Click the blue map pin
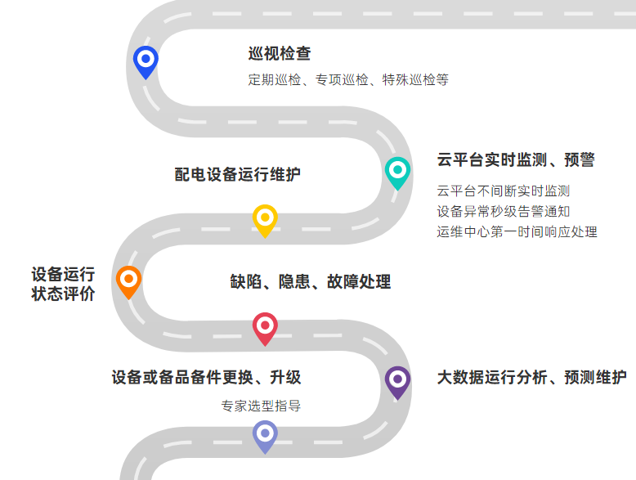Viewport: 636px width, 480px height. point(146,60)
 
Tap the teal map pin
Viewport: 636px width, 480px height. point(397,171)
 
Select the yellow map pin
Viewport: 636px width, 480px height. point(265,218)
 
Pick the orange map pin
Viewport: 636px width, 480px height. point(128,280)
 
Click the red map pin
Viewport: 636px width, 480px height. point(265,327)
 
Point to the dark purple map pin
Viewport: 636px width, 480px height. point(397,380)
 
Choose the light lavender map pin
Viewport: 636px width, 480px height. point(265,434)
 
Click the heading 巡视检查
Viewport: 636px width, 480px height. point(280,54)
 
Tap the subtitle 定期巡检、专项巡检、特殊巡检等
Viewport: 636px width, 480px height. point(348,80)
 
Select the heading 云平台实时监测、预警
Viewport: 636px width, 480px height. point(516,160)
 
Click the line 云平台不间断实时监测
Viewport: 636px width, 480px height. point(504,191)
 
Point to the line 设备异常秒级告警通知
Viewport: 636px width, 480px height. point(504,212)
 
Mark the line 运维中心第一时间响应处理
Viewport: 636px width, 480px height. point(517,232)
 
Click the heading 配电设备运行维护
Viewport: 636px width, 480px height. point(238,174)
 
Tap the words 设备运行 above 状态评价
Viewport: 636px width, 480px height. point(63,274)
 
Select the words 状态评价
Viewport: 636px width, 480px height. point(63,294)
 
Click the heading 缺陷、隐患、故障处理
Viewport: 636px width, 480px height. point(311,282)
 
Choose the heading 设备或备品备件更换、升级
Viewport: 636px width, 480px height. point(206,378)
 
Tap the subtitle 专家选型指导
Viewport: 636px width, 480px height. point(261,406)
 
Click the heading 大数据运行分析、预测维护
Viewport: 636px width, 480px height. point(532,378)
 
